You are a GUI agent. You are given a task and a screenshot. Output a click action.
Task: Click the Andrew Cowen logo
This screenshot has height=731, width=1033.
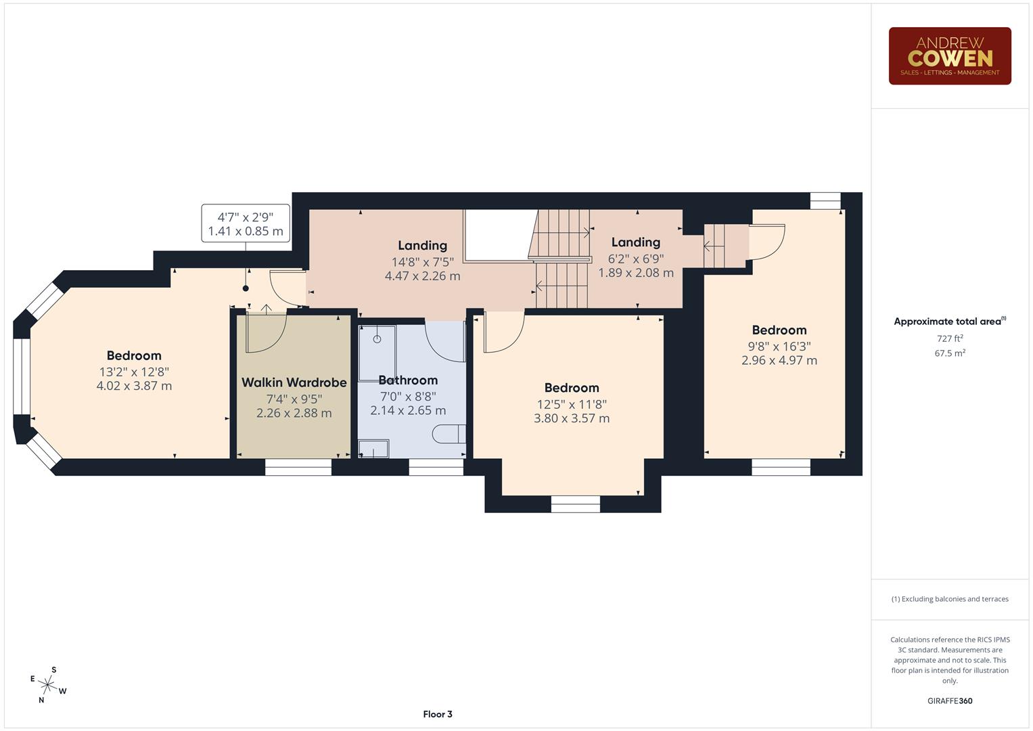point(949,56)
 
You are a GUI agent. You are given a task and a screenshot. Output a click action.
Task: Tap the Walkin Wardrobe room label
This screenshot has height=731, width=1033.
point(294,382)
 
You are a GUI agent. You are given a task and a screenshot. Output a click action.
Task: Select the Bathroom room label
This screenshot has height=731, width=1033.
point(408,380)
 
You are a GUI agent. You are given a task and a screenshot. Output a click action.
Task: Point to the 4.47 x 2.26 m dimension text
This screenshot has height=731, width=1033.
point(422,276)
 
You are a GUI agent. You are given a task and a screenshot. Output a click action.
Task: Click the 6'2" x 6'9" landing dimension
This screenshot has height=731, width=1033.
point(635,259)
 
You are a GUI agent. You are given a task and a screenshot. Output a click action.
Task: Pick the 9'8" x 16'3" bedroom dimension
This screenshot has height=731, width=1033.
point(779,347)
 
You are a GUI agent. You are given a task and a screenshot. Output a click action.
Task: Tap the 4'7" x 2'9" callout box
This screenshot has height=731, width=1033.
point(246,223)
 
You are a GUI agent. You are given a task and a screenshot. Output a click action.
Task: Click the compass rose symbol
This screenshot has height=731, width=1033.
point(47,685)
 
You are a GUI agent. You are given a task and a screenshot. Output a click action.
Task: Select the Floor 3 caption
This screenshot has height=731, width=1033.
point(437,714)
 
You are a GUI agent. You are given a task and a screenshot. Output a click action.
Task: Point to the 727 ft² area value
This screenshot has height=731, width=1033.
point(949,338)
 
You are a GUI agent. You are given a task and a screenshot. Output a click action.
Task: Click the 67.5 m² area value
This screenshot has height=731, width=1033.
point(949,353)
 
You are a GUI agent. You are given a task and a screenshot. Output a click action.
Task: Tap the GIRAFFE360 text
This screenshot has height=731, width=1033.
point(949,701)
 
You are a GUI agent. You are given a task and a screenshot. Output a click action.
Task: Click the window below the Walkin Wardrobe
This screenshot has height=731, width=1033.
point(298,467)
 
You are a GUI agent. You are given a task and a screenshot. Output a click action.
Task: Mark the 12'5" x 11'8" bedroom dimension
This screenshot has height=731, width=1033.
point(572,405)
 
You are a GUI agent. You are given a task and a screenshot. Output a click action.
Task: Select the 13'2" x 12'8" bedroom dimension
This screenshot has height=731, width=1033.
point(134,372)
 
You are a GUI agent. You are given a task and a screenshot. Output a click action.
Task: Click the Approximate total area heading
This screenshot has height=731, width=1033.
point(949,322)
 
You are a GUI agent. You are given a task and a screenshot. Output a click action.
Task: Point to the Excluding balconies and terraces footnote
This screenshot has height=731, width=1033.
point(949,599)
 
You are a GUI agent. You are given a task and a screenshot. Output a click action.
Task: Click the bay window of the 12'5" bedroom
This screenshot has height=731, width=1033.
point(575,504)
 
